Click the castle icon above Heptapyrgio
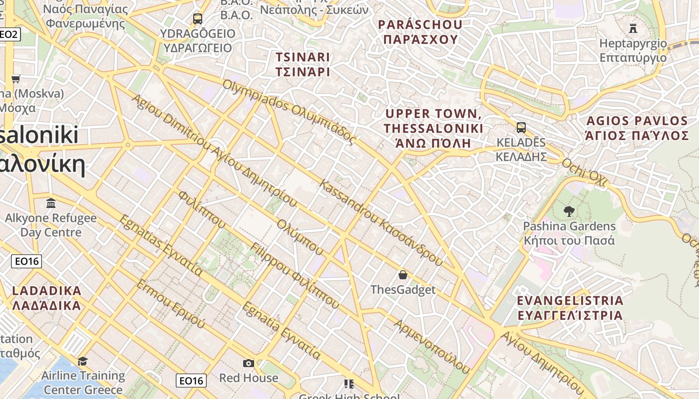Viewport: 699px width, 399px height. coord(633,27)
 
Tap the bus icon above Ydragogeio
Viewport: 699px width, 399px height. coord(198,19)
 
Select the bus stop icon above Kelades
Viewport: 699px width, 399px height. coord(521,127)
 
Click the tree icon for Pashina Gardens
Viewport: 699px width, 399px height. coord(569,211)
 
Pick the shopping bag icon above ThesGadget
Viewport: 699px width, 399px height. coord(403,275)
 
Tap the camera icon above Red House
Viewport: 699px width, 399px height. coord(249,363)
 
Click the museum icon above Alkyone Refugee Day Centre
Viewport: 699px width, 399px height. coord(51,203)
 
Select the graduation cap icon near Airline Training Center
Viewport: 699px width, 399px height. coord(82,361)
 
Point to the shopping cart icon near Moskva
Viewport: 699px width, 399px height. coord(16,79)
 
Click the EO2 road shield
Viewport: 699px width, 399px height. coord(9,34)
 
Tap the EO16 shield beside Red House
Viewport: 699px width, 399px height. coord(191,381)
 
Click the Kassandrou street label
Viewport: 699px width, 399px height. coord(381,222)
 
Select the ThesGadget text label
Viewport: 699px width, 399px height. coord(403,290)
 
